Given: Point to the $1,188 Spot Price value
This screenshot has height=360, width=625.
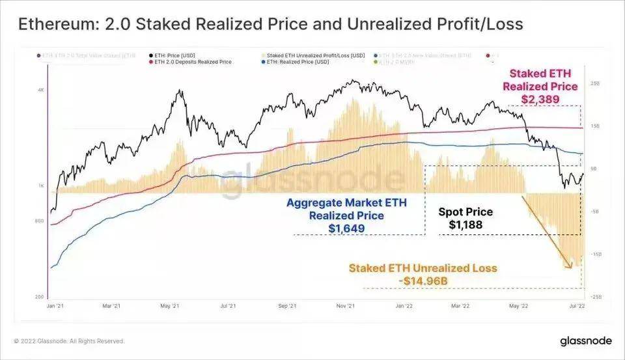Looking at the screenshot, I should coord(465,225).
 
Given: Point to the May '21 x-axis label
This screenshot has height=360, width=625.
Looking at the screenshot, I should coord(169,305).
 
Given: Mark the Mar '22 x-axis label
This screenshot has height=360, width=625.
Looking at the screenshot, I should coord(461,305).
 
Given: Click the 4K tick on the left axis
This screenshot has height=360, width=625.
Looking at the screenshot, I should coord(40,90).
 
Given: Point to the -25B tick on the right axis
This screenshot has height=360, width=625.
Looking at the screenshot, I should coord(595,296).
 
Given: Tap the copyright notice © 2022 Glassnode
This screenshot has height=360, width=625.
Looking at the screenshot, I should coord(68,341).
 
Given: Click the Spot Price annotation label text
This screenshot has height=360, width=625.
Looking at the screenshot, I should coord(465,212).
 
